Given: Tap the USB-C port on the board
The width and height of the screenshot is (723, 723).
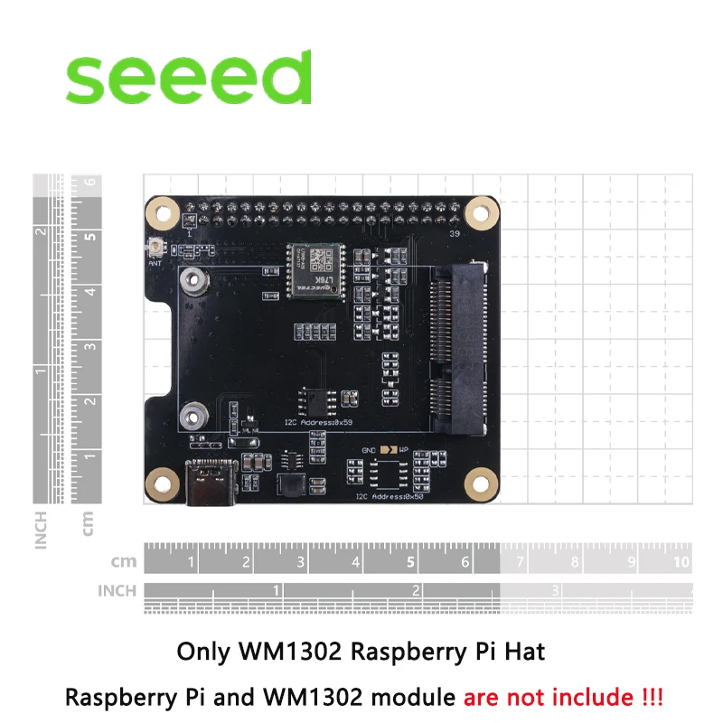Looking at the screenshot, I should click(x=211, y=485).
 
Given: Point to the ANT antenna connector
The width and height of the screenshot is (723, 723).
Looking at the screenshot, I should click(x=155, y=247).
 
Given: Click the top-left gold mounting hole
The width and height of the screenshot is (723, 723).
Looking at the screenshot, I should click(x=164, y=215).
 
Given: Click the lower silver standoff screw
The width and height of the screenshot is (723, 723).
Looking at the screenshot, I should click(x=192, y=417).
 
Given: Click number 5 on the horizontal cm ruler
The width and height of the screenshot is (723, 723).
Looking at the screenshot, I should click(x=411, y=562).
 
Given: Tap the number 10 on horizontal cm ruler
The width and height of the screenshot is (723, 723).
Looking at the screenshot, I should click(x=681, y=562).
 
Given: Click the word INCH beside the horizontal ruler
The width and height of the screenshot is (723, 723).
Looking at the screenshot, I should click(x=117, y=591).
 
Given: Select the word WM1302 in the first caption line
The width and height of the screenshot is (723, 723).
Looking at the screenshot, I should click(x=282, y=651).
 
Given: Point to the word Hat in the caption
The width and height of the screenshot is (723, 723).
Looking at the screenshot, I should click(x=527, y=651).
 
